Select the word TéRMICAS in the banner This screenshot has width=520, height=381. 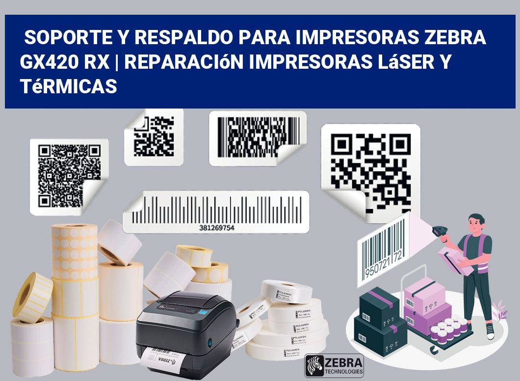(69, 86)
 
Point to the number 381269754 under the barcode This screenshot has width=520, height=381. (217, 228)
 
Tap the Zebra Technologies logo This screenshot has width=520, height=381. (334, 365)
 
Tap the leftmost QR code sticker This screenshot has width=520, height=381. (69, 174)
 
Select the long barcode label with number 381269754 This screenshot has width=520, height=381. (216, 212)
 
